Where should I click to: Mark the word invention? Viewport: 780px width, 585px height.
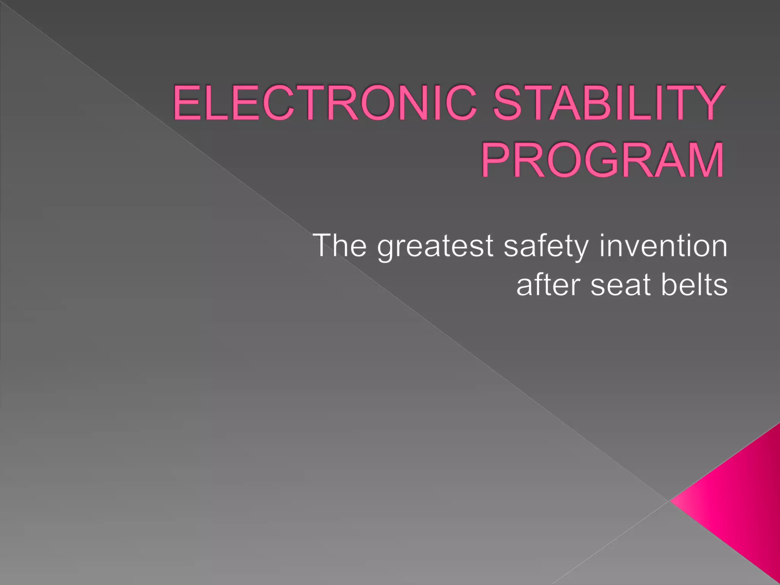[x=663, y=246]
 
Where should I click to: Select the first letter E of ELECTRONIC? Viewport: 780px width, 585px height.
[x=187, y=102]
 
